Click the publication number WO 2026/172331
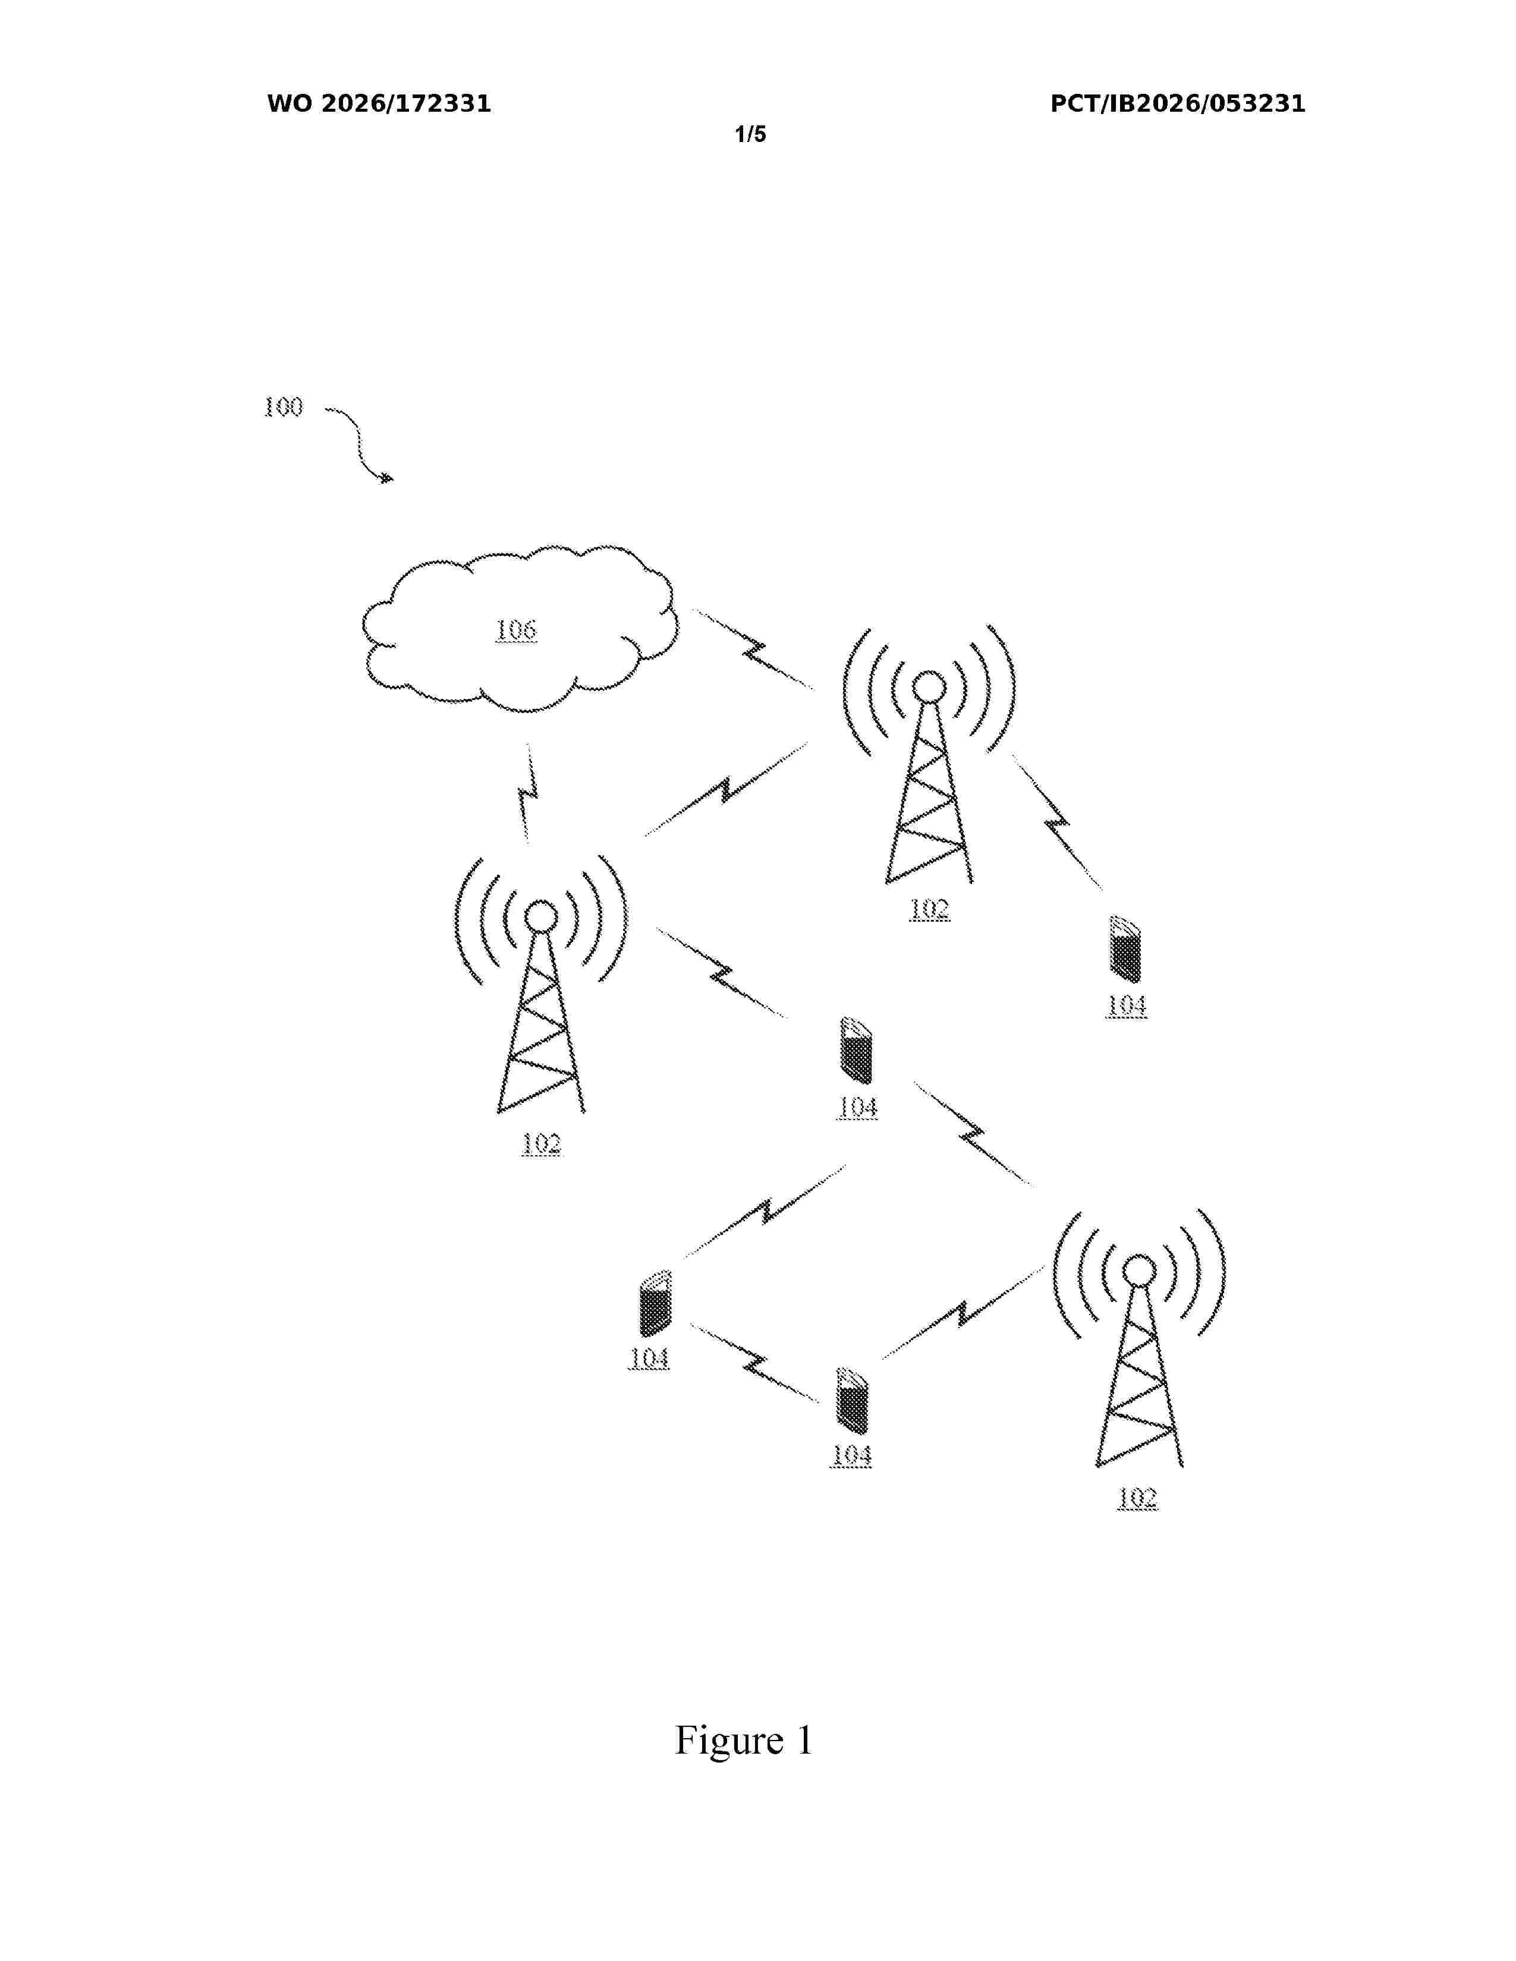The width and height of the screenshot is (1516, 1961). coord(379,104)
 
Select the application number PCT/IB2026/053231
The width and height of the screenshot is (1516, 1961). coord(1177,104)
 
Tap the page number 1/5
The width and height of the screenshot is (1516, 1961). coord(751,135)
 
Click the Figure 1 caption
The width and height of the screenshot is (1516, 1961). coord(744,1740)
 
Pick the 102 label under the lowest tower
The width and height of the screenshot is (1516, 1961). coord(1137,1497)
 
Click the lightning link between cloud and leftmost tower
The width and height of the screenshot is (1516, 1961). coord(528,794)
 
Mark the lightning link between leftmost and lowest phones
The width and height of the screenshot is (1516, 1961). coord(755,1363)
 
